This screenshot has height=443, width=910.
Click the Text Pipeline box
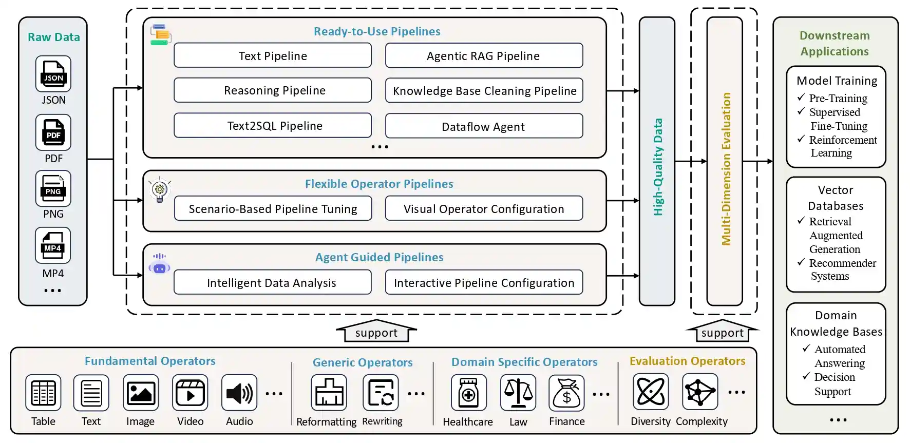[273, 55]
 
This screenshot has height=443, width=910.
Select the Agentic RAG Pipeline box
[484, 55]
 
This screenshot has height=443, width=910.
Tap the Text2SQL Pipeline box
[273, 126]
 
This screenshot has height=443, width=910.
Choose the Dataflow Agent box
[484, 126]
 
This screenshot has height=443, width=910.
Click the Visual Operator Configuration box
[484, 208]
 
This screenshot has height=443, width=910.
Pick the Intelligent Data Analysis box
[273, 282]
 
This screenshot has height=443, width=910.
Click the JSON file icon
[53, 74]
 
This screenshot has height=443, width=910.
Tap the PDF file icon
[53, 132]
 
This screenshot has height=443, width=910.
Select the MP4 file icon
[53, 245]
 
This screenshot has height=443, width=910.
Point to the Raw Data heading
[53, 37]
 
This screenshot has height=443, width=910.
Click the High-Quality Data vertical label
[657, 167]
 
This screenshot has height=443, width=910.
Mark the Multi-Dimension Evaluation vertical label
[726, 169]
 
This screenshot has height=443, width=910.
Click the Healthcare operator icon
[468, 393]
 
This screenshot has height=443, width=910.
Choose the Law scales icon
[518, 393]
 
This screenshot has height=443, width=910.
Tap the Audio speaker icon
[239, 393]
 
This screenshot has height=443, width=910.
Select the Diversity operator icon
[651, 392]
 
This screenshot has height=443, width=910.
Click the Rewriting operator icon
[381, 393]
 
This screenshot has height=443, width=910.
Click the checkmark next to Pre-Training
[801, 97]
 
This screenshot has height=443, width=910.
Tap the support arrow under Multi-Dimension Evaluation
[722, 332]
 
